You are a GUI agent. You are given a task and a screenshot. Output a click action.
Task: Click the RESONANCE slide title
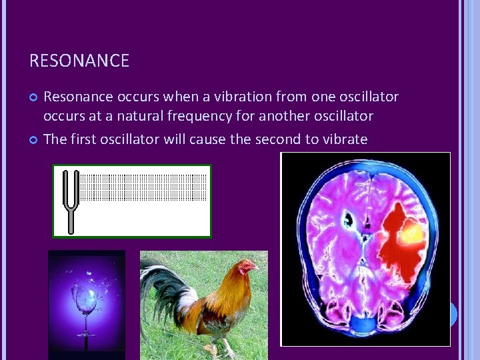click(x=79, y=61)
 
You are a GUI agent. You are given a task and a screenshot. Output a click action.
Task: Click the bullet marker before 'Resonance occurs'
click(x=34, y=98)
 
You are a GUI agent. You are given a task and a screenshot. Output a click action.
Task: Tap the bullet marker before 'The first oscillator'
click(x=34, y=140)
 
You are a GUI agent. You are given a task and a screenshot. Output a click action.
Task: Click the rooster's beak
click(x=256, y=269)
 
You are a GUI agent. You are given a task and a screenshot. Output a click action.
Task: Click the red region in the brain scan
click(x=393, y=253)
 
